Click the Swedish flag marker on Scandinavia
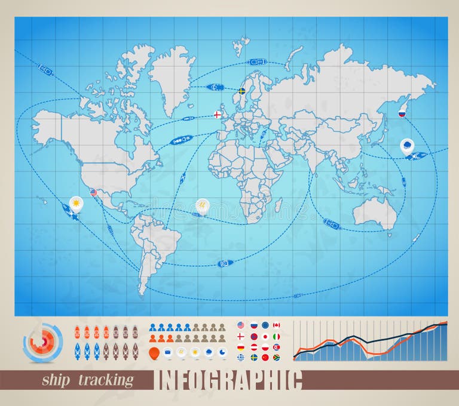pyautogui.click(x=242, y=91)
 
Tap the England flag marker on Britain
pyautogui.click(x=218, y=115)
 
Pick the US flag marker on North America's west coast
pyautogui.click(x=93, y=193)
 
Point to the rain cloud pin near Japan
pyautogui.click(x=407, y=145)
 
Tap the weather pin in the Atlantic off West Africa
pyautogui.click(x=203, y=205)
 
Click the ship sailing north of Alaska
pyautogui.click(x=46, y=70)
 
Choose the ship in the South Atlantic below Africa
pyautogui.click(x=225, y=263)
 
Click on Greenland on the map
pyautogui.click(x=172, y=75)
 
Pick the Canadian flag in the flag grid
pyautogui.click(x=276, y=325)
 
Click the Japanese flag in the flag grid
pyautogui.click(x=265, y=336)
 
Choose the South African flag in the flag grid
pyautogui.click(x=276, y=358)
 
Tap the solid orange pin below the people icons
pyautogui.click(x=155, y=352)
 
